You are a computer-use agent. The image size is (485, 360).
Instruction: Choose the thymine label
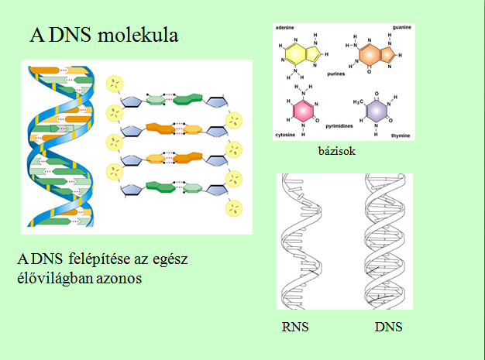pos(401,134)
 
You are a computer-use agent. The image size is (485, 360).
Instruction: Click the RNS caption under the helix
pos(296,327)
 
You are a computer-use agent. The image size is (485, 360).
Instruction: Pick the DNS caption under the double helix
pos(387,327)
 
